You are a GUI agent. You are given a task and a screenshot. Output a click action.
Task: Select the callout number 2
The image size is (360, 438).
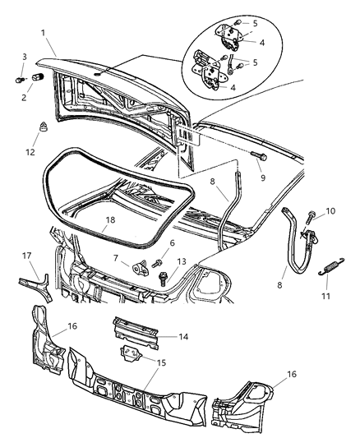click(x=23, y=98)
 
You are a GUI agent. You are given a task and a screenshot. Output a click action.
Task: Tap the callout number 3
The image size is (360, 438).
click(x=23, y=56)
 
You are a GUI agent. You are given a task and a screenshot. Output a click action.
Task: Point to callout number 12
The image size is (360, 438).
click(x=30, y=151)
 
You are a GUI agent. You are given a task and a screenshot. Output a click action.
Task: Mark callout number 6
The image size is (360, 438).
click(x=171, y=242)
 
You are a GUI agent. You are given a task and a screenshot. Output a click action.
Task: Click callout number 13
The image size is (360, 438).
click(x=182, y=261)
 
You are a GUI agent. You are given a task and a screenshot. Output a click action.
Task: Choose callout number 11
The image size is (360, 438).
click(x=327, y=292)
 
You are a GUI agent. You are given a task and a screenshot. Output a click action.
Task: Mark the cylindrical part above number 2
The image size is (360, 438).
click(x=36, y=78)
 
